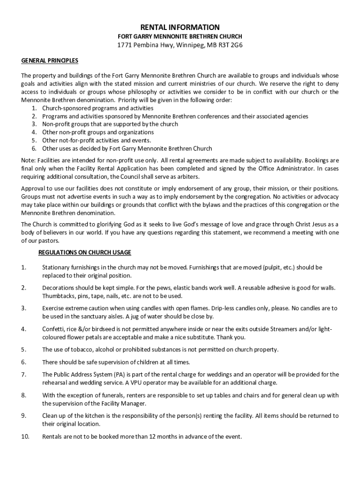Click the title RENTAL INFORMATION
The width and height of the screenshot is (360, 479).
180,28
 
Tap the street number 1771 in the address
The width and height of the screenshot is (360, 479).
124,45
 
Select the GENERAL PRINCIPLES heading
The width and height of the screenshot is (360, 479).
50,61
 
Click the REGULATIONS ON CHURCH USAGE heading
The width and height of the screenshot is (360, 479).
85,253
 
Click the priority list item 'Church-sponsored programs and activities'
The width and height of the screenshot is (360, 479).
98,108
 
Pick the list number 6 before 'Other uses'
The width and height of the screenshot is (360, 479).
34,149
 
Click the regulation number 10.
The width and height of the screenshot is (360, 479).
25,437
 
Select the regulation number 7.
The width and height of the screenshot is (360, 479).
23,374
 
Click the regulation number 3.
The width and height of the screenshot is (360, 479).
23,308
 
